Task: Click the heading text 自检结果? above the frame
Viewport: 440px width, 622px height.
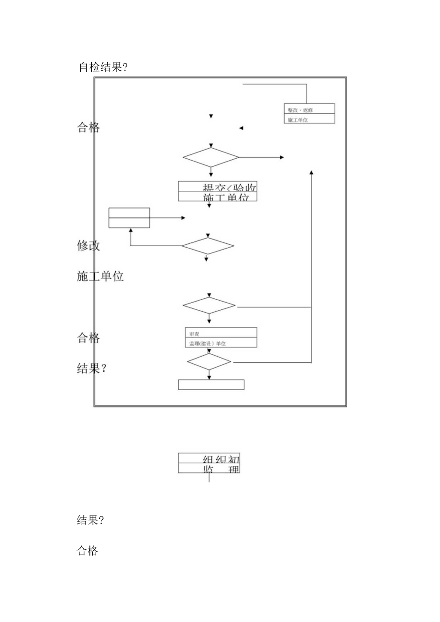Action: [x=103, y=67]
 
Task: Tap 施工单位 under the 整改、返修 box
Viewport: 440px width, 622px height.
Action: [x=298, y=120]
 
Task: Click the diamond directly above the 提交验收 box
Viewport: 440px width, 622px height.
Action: [x=211, y=157]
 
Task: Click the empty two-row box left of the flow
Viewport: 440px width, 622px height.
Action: [x=129, y=218]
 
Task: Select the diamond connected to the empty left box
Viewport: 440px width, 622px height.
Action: [x=208, y=246]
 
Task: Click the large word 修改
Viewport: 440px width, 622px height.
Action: [x=88, y=246]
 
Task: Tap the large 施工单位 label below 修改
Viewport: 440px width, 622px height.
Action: [x=100, y=276]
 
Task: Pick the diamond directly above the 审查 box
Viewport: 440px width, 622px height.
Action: [x=209, y=306]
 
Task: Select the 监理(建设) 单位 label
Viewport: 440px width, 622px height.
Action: [x=206, y=343]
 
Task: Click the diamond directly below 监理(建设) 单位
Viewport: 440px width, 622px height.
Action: [x=209, y=362]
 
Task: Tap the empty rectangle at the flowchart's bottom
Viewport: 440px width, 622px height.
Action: [x=211, y=385]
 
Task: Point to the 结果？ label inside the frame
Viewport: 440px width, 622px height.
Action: [x=91, y=368]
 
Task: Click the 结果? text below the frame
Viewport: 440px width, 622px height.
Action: [x=90, y=520]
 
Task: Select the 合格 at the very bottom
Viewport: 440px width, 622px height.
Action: [x=87, y=551]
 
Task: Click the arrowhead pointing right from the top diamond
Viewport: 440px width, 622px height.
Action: [x=282, y=157]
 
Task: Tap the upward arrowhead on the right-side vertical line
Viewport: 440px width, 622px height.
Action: [x=311, y=172]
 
